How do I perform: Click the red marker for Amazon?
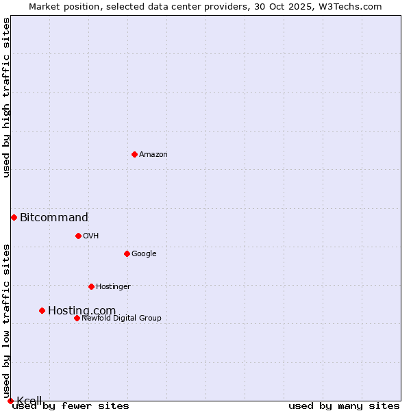134,154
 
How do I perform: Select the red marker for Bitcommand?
14,217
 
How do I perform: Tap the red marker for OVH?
78,236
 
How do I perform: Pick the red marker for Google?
127,253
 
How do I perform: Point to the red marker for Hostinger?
91,286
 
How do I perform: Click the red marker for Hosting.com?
42,310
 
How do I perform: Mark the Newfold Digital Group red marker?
77,318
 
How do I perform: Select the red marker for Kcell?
10,401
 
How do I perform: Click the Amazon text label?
153,155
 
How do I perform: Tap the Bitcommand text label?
54,218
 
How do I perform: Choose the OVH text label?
91,236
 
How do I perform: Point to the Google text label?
144,254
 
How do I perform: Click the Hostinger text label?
113,287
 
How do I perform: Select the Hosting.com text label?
82,311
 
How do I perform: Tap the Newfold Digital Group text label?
121,319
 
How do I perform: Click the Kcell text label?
29,401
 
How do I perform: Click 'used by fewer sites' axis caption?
71,406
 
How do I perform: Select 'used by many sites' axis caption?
344,406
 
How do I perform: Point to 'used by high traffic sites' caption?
7,97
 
